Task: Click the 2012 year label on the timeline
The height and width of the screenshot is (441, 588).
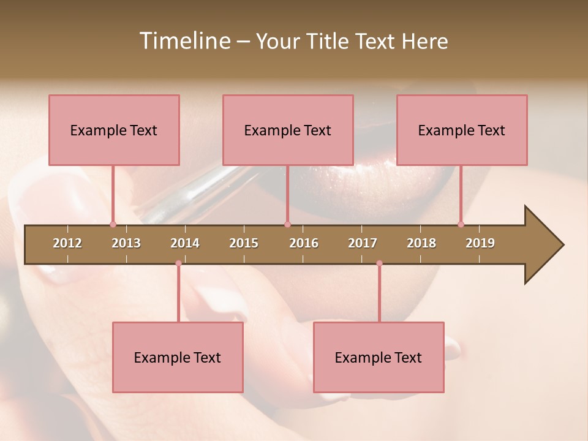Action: (67, 243)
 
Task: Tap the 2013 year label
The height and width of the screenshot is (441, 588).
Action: (126, 243)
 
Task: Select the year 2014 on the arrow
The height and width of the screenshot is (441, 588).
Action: (185, 243)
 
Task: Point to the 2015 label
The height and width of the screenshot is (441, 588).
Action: (244, 243)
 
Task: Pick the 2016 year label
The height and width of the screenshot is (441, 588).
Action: (304, 243)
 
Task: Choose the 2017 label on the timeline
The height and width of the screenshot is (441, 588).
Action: (363, 243)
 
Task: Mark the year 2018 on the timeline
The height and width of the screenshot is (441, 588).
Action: (421, 243)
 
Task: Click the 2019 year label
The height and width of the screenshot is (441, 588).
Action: (480, 243)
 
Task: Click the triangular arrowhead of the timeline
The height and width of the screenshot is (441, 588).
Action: (542, 245)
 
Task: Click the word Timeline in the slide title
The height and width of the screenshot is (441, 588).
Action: (183, 41)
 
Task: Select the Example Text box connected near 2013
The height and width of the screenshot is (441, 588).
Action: (114, 130)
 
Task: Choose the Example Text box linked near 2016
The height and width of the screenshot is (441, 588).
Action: (288, 130)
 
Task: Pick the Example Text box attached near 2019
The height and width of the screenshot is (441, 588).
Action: (462, 130)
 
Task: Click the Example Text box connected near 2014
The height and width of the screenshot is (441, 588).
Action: (178, 357)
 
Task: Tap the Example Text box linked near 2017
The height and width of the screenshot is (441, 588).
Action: (379, 357)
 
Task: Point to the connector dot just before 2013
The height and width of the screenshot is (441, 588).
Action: (113, 224)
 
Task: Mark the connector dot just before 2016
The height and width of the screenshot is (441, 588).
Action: (287, 224)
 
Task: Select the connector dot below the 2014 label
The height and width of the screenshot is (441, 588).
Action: (178, 263)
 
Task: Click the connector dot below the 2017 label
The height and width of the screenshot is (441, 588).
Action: (379, 263)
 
